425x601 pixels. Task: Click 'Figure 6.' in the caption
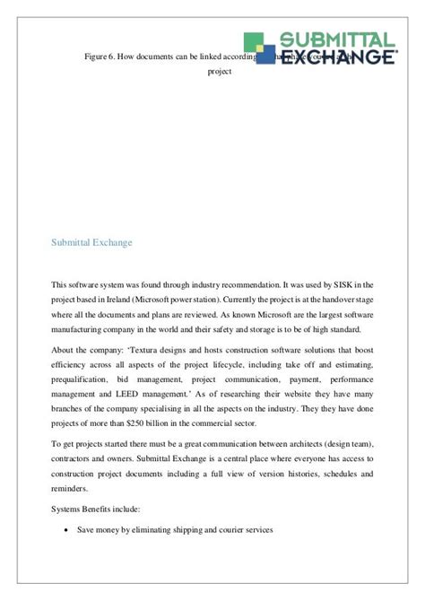pyautogui.click(x=101, y=57)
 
